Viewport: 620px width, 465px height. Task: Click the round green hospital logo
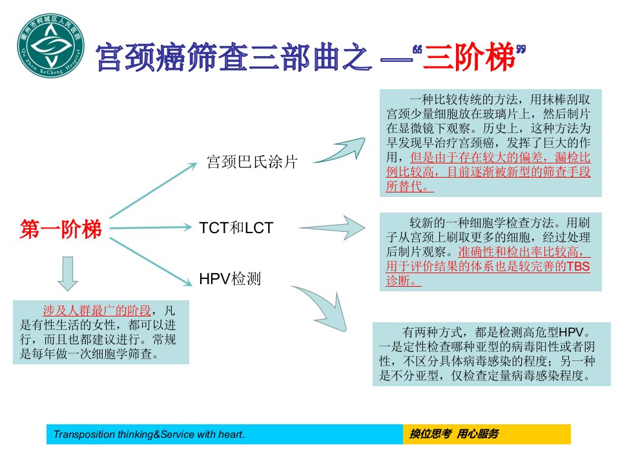point(50,45)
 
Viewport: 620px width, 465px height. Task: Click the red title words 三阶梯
point(470,56)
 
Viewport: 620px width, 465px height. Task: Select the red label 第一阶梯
point(61,229)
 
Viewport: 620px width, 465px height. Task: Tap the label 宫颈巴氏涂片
point(252,161)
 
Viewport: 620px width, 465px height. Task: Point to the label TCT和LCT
point(236,228)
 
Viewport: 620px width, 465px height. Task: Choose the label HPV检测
point(230,279)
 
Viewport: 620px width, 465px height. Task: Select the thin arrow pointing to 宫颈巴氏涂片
point(153,190)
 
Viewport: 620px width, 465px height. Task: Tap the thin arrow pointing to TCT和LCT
point(150,228)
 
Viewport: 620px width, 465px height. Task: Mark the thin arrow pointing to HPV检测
point(150,262)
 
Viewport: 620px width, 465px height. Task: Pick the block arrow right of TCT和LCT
point(332,228)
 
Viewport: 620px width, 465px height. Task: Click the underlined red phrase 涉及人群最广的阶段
point(97,311)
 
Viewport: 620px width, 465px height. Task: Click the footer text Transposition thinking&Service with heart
point(149,434)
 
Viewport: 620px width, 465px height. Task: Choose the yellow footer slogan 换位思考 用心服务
point(454,434)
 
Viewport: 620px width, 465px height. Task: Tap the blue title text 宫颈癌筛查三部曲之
point(234,57)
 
